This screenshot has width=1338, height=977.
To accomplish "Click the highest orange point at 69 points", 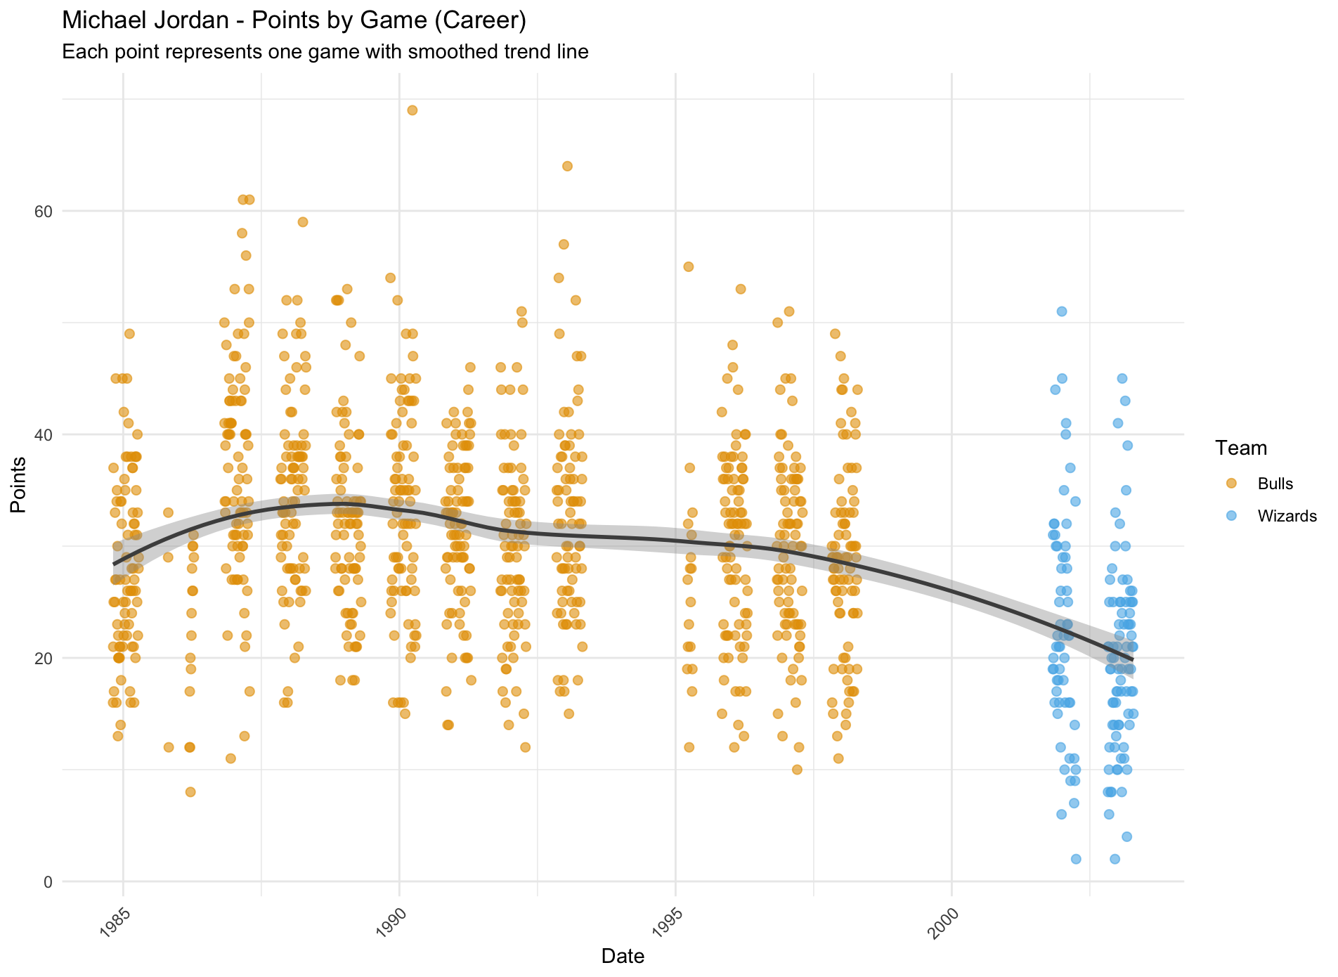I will point(413,110).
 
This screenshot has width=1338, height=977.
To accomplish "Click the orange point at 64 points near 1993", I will point(567,167).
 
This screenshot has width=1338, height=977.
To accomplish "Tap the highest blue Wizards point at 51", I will point(1062,311).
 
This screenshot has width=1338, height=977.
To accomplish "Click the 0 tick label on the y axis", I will point(48,881).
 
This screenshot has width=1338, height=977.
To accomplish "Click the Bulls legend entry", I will point(1275,484).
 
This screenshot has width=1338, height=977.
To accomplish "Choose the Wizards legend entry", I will point(1286,516).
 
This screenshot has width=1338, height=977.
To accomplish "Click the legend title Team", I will point(1241,448).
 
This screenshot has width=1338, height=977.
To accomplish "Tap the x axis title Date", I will point(623,956).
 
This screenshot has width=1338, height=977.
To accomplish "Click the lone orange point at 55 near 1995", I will point(689,266).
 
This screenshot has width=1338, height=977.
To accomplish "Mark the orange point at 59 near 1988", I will point(303,222).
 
